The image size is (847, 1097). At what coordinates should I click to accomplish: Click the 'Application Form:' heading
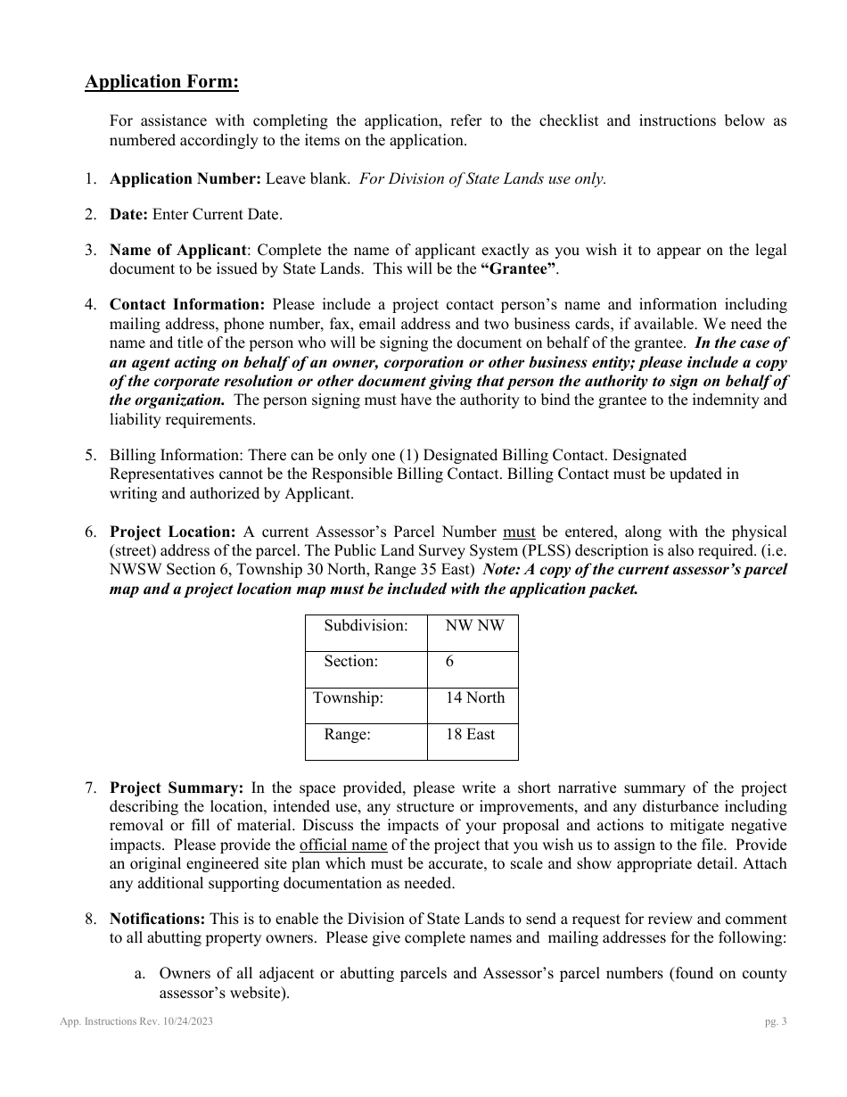point(161,82)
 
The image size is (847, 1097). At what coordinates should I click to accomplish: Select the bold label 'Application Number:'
point(185,178)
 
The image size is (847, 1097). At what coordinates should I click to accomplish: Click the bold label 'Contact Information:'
point(187,305)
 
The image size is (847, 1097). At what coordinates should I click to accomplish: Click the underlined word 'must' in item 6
point(519,532)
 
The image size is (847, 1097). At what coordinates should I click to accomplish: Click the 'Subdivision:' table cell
point(366,625)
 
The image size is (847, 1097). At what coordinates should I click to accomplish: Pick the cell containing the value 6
point(450,662)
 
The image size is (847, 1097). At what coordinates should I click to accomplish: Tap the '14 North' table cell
point(474,697)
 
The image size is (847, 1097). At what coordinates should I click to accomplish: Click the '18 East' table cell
point(470,734)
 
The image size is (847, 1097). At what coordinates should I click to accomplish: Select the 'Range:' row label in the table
point(347,734)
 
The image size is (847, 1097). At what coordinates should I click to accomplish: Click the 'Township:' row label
point(349,697)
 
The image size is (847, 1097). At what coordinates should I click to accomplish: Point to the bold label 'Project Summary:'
point(177,788)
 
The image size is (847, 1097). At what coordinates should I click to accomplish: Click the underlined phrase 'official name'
point(343,845)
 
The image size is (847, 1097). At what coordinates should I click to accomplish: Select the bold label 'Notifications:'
point(157,919)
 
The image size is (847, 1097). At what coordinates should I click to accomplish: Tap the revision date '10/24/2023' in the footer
point(184,1022)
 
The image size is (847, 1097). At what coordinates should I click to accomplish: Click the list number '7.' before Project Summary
point(91,788)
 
